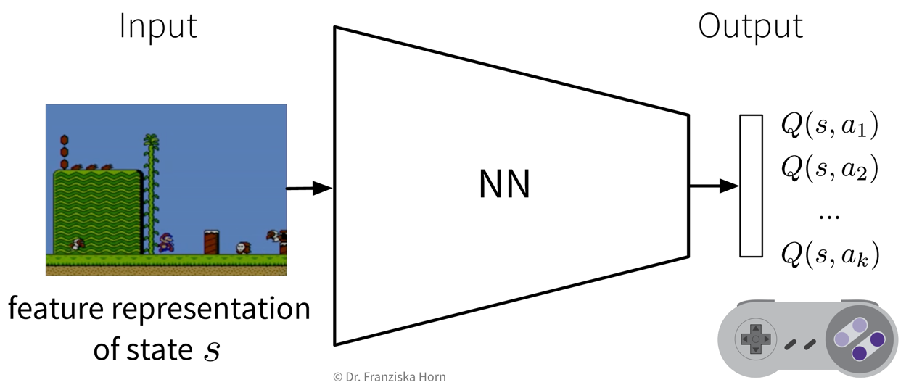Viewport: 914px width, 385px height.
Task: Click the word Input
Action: point(158,27)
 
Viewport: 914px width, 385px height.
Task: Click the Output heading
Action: point(750,27)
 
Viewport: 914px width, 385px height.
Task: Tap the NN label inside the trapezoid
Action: point(505,186)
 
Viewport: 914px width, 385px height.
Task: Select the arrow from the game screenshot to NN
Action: point(309,189)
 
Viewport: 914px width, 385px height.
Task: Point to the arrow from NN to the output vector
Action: point(713,186)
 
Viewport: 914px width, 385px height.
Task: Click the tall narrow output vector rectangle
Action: point(751,186)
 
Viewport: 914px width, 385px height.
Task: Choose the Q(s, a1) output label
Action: point(829,126)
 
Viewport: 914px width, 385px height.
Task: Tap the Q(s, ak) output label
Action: point(829,254)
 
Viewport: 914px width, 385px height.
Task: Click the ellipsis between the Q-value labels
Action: point(828,215)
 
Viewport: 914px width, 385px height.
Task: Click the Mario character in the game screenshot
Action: point(166,242)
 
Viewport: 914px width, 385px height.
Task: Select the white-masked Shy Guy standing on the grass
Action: point(242,247)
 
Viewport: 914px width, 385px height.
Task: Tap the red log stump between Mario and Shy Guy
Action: point(211,241)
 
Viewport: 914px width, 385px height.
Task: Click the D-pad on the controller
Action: point(755,339)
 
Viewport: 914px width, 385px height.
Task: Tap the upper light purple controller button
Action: point(858,326)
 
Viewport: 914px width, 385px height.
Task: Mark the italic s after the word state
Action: point(211,351)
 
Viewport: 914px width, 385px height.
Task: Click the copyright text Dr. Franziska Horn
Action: point(389,376)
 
